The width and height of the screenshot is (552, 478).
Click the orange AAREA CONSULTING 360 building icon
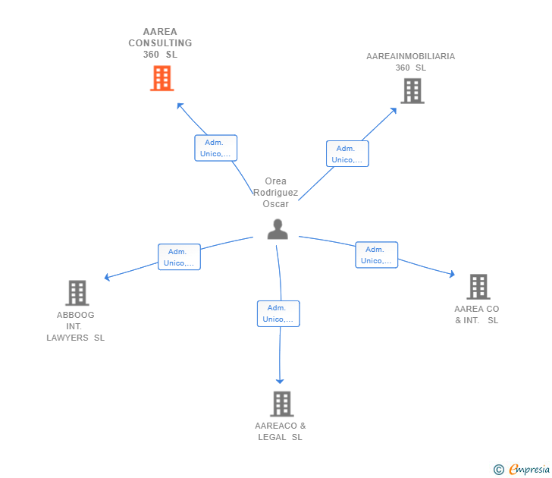(x=162, y=78)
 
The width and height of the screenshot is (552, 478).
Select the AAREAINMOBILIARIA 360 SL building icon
(x=412, y=91)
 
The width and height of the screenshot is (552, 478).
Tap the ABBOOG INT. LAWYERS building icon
(x=77, y=293)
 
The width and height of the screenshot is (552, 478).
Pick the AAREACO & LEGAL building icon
(x=281, y=404)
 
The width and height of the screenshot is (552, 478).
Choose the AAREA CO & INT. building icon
(x=478, y=287)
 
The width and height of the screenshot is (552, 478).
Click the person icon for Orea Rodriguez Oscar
(x=278, y=229)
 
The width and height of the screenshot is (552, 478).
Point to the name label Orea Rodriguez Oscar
(x=275, y=193)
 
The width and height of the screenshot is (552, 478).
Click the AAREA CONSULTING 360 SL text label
(x=160, y=43)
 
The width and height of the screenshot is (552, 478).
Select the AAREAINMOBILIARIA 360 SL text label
(x=410, y=61)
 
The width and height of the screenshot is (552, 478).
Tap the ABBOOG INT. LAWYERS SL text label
(x=75, y=326)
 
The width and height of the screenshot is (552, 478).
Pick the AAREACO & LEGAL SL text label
(x=281, y=431)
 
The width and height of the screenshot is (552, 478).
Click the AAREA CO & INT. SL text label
(x=477, y=314)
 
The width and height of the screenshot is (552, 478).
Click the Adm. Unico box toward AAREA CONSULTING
(x=216, y=148)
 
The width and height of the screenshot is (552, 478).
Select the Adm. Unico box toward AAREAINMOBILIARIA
(x=347, y=154)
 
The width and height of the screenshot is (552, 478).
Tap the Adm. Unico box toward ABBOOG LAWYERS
(x=179, y=257)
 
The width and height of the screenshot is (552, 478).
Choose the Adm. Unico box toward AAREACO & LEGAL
(x=278, y=313)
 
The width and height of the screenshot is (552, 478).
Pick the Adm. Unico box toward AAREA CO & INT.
(x=376, y=255)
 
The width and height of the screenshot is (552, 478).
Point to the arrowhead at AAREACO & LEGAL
(x=280, y=380)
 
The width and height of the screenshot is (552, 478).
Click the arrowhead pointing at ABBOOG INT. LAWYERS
(x=107, y=278)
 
